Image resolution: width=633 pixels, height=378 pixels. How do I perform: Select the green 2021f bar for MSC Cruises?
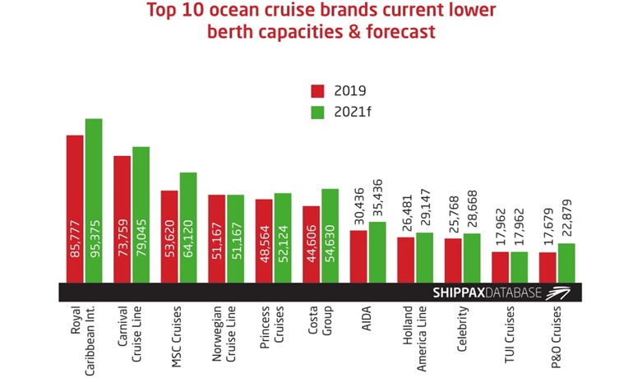pyautogui.click(x=188, y=227)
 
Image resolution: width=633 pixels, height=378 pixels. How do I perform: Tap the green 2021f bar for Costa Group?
pyautogui.click(x=330, y=235)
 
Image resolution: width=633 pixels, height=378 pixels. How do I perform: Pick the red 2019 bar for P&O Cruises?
pyautogui.click(x=548, y=267)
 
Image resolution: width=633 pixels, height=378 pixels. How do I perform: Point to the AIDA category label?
pyautogui.click(x=366, y=319)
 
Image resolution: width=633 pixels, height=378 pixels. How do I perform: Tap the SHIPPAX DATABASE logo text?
pyautogui.click(x=486, y=293)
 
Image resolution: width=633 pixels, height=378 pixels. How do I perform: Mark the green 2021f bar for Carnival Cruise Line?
pyautogui.click(x=141, y=214)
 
